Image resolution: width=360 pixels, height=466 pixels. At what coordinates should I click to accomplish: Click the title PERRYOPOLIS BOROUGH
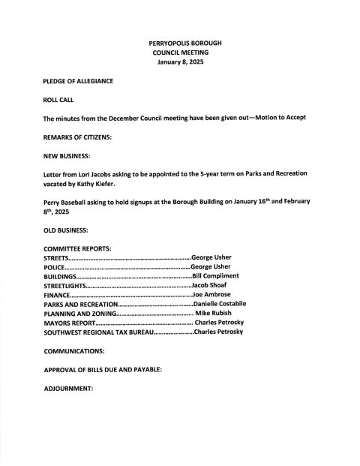[x=180, y=44]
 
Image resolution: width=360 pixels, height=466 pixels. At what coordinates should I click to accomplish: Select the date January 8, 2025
[x=180, y=63]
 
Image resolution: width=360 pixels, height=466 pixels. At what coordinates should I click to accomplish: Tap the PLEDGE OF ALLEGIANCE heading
[x=78, y=80]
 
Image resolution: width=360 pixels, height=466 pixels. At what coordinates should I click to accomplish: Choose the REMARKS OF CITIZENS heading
[x=77, y=137]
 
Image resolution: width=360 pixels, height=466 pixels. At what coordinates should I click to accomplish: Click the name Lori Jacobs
[x=94, y=173]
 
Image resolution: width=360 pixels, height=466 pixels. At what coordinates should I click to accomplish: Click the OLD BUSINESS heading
[x=66, y=228]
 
